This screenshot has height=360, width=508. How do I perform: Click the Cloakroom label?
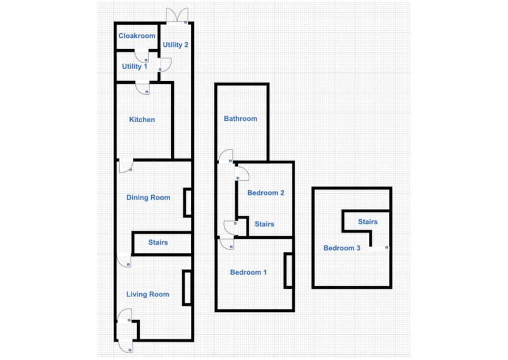click(136, 36)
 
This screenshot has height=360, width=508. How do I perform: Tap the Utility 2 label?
click(175, 45)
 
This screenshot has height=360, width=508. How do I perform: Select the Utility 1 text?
click(134, 66)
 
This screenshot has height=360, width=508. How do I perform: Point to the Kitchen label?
click(142, 120)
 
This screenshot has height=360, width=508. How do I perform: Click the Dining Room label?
click(148, 197)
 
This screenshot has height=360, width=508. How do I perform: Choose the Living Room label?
click(148, 294)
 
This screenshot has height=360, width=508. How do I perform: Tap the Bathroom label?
click(240, 119)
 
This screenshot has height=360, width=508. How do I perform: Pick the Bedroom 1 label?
click(248, 272)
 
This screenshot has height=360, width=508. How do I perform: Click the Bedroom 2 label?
click(266, 193)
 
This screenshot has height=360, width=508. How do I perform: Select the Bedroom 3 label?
click(342, 248)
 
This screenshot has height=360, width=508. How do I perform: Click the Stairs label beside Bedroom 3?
click(368, 221)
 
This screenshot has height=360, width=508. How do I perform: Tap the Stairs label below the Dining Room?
click(158, 242)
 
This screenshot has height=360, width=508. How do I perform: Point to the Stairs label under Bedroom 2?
click(265, 224)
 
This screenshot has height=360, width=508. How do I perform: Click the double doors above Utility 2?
click(177, 15)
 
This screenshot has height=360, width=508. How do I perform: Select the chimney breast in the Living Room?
click(187, 288)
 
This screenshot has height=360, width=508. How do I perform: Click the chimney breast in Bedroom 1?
click(288, 271)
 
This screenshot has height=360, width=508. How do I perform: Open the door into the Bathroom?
click(226, 156)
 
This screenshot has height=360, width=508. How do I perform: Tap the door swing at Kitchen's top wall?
click(142, 89)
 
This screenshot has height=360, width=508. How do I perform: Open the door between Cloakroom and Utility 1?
click(142, 56)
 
